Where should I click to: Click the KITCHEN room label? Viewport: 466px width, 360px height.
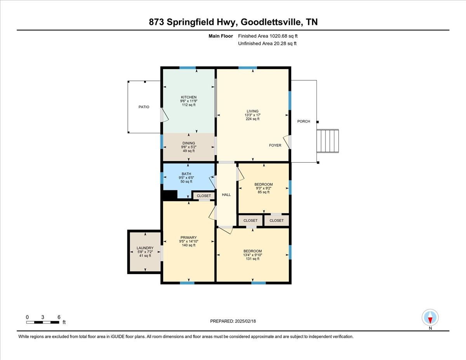point(189,97)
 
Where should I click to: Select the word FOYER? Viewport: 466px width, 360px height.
point(275,145)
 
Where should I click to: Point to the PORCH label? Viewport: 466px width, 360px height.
point(304,122)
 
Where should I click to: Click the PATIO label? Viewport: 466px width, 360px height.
point(144,107)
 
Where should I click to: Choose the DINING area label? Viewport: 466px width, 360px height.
point(188,143)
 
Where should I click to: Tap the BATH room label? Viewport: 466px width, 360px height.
point(186,174)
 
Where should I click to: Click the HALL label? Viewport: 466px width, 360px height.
point(226,195)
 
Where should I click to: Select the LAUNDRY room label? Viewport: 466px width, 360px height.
point(145,248)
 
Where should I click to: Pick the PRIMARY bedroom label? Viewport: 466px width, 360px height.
point(188,238)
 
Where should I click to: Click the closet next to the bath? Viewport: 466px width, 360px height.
point(203,196)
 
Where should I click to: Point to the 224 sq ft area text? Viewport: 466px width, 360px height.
point(252,119)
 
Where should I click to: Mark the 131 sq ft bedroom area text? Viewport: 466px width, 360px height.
point(252,259)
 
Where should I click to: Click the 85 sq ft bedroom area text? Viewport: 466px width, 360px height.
point(263,192)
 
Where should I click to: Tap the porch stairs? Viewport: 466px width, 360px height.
point(328,141)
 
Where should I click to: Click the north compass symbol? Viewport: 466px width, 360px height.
point(430,318)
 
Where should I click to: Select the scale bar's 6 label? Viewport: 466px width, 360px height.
point(59,317)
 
